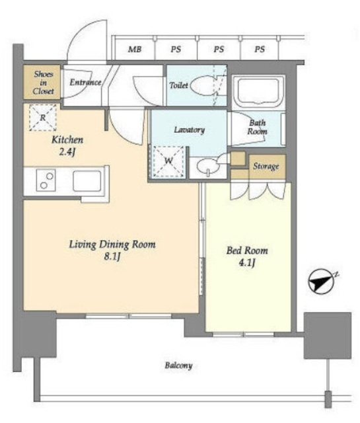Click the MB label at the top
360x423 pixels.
(135, 50)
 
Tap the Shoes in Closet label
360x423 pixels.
(43, 83)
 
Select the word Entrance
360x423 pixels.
(85, 82)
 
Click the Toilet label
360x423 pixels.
(178, 85)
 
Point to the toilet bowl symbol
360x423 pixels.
(204, 85)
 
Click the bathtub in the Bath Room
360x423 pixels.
(259, 92)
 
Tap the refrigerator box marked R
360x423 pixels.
(43, 118)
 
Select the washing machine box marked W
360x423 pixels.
(168, 161)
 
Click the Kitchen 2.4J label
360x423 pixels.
(67, 145)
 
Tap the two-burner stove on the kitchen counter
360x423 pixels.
(46, 180)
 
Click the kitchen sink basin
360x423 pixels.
(87, 180)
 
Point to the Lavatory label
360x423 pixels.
(190, 130)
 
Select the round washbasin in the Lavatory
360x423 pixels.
(207, 167)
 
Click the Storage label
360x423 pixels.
(266, 167)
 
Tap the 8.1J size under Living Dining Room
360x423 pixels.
(112, 256)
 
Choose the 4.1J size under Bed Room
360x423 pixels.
(247, 262)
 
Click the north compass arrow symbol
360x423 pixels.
(321, 282)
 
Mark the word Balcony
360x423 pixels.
(178, 365)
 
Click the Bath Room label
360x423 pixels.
(257, 127)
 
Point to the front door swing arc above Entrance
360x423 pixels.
(81, 35)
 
